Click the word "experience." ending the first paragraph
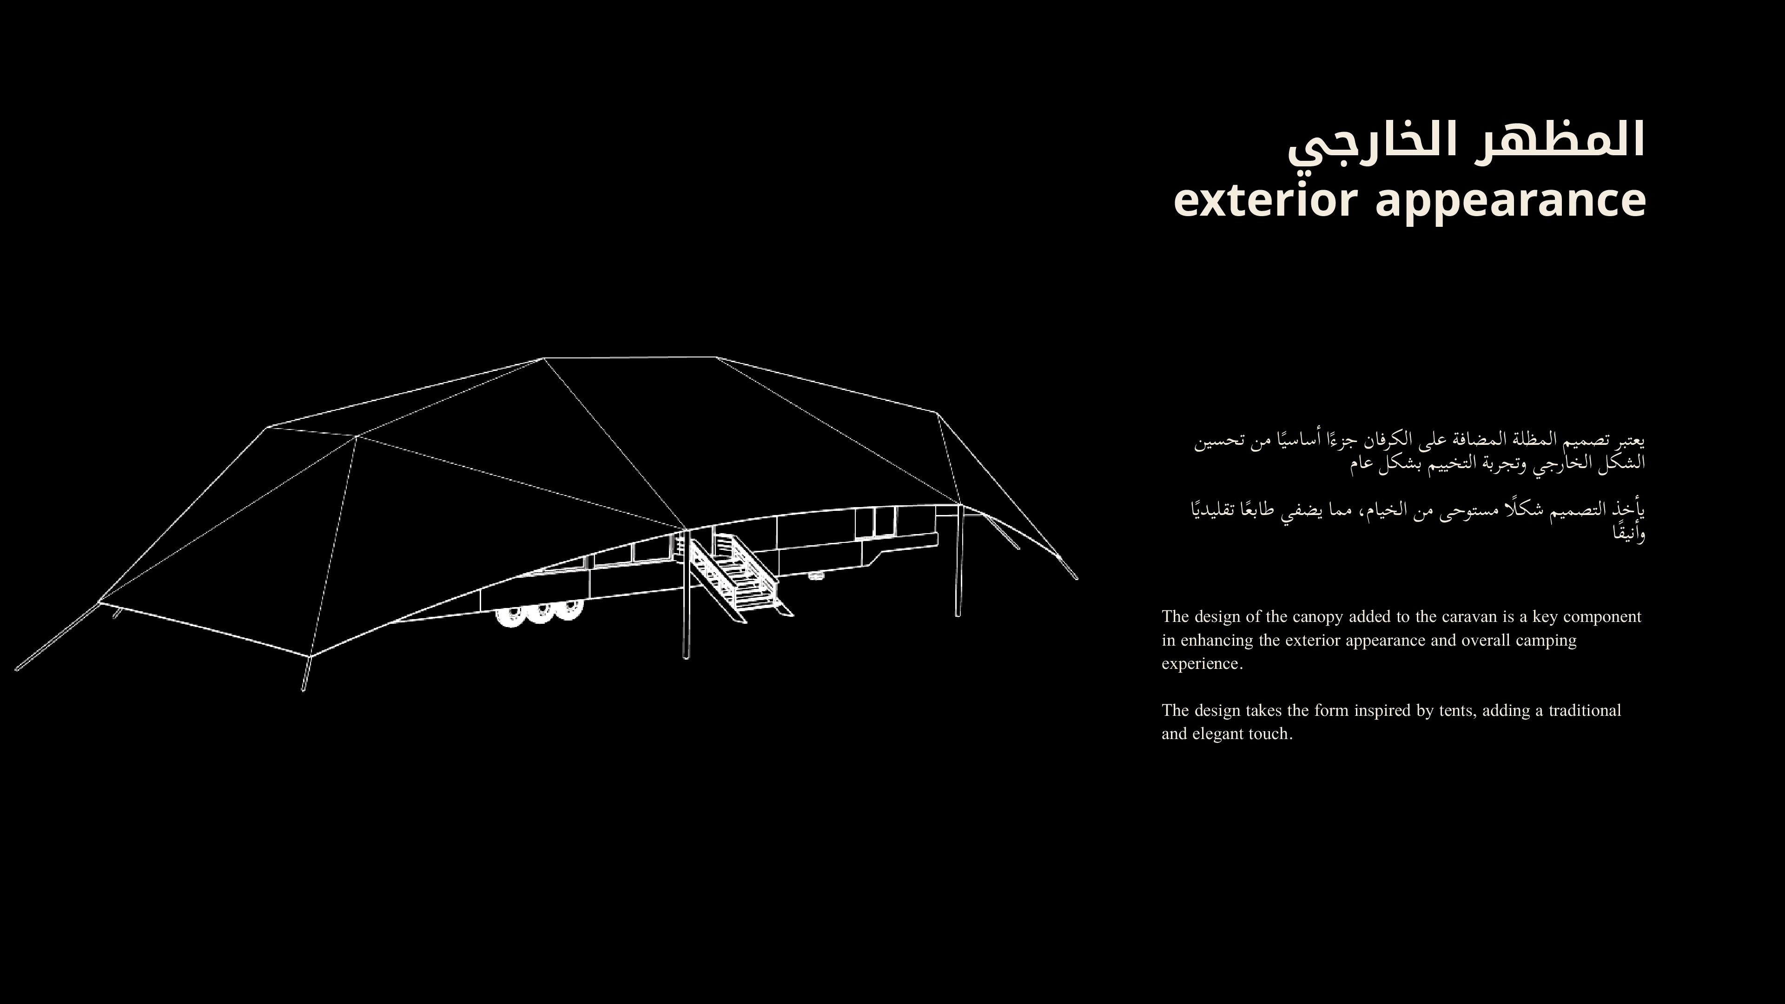(x=1202, y=664)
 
